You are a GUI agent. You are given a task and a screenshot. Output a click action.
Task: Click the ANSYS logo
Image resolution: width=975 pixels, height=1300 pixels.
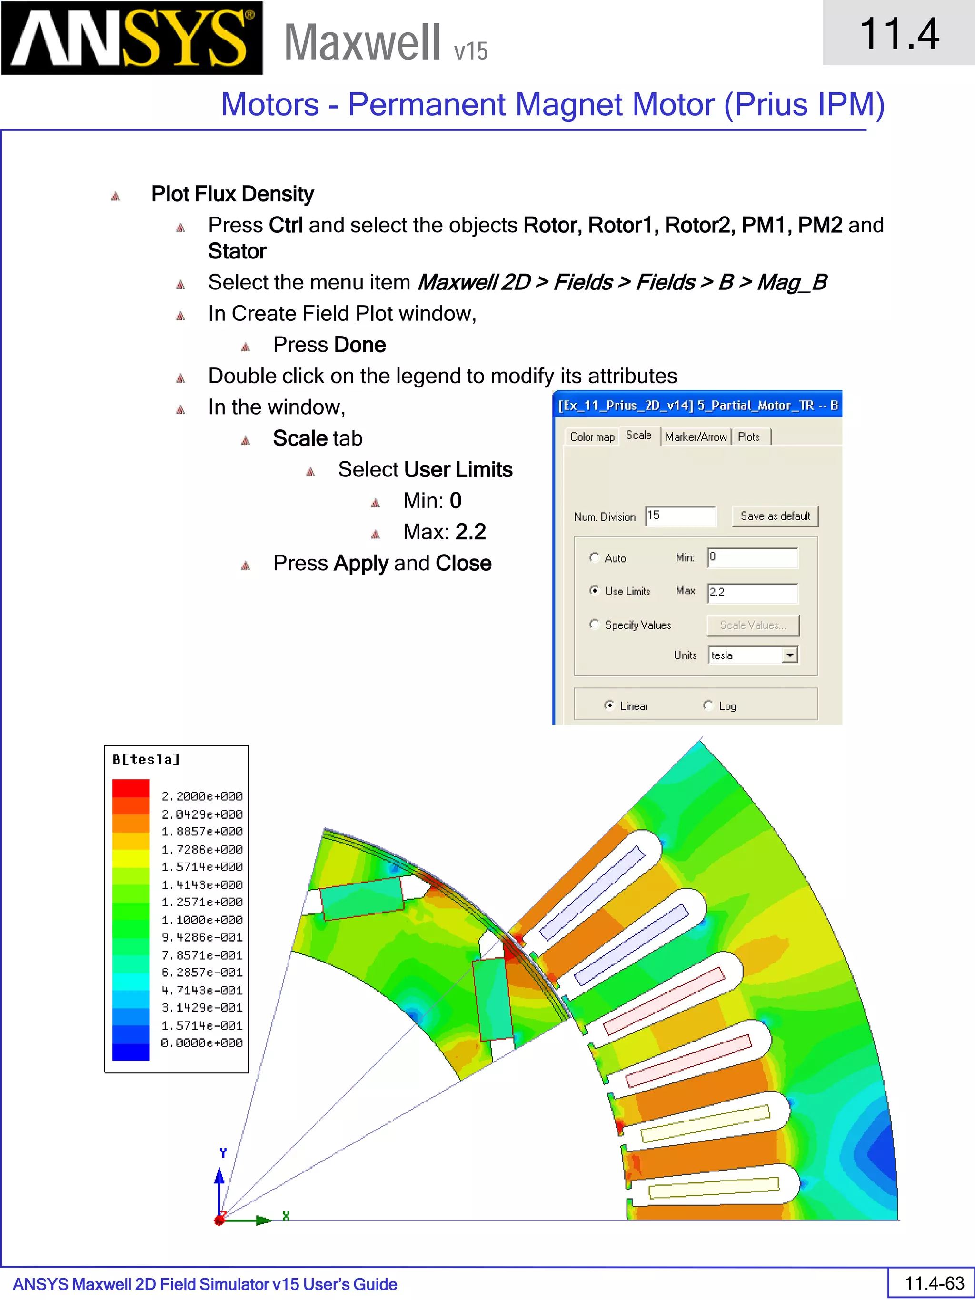pos(132,38)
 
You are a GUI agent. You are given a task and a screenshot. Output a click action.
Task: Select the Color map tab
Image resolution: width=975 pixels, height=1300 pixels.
pos(592,437)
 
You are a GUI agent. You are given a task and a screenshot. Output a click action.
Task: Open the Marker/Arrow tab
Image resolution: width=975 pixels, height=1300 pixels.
pos(696,437)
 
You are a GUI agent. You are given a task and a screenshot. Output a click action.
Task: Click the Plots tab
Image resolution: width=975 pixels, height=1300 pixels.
pos(749,437)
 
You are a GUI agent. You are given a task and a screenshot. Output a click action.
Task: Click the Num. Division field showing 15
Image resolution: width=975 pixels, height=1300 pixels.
pos(680,516)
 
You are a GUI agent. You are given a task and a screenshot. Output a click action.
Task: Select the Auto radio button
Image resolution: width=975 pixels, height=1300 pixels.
pos(594,557)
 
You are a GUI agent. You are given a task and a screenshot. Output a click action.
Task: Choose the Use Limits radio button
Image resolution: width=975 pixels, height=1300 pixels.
pos(594,591)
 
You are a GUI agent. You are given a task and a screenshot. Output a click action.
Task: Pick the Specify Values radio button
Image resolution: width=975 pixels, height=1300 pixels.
pos(594,624)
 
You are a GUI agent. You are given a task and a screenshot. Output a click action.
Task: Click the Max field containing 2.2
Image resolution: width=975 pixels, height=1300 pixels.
pos(752,593)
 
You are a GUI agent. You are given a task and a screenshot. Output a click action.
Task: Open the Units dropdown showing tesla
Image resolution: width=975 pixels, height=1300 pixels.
pos(790,655)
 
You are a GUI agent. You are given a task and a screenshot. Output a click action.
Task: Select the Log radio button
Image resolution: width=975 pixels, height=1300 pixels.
pos(708,705)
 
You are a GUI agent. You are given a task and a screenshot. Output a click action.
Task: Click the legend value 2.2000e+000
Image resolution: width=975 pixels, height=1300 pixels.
pos(201,796)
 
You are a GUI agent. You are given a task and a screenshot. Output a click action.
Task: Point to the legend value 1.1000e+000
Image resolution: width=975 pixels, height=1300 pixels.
pos(201,920)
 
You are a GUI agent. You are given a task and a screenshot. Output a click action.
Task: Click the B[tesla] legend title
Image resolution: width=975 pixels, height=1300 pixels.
pos(146,759)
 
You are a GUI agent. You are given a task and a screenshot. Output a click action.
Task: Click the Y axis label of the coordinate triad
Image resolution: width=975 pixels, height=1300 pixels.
pos(223,1152)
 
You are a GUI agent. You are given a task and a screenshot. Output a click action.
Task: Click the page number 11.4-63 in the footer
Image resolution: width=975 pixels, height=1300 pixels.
pos(934,1283)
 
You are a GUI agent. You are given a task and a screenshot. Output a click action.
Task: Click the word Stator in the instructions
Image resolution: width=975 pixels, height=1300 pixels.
pos(237,251)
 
